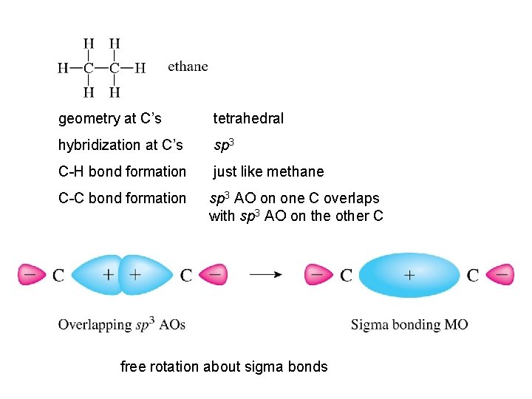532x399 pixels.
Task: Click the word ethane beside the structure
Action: coord(188,66)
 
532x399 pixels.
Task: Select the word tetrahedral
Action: coord(248,118)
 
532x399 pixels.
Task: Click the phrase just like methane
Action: coord(268,171)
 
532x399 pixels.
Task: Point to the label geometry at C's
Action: coord(110,118)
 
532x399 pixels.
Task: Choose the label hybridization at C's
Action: coord(120,145)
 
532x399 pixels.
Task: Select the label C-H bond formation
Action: coord(122,171)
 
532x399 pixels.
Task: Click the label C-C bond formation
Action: coord(122,198)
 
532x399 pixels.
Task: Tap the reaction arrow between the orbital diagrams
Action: coord(266,275)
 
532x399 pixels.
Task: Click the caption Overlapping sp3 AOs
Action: coord(122,324)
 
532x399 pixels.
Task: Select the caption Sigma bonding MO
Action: coord(409,324)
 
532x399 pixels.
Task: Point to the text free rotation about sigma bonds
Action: coord(224,366)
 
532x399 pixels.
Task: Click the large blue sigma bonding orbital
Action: coord(409,275)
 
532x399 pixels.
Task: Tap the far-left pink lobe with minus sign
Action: coord(31,275)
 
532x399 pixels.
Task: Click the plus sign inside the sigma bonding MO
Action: coord(409,275)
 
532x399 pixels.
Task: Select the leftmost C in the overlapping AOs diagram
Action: coord(58,276)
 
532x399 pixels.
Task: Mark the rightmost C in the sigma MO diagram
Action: coord(473,276)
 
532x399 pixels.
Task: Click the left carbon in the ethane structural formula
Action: coord(89,68)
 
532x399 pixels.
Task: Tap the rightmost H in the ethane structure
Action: coord(140,68)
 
